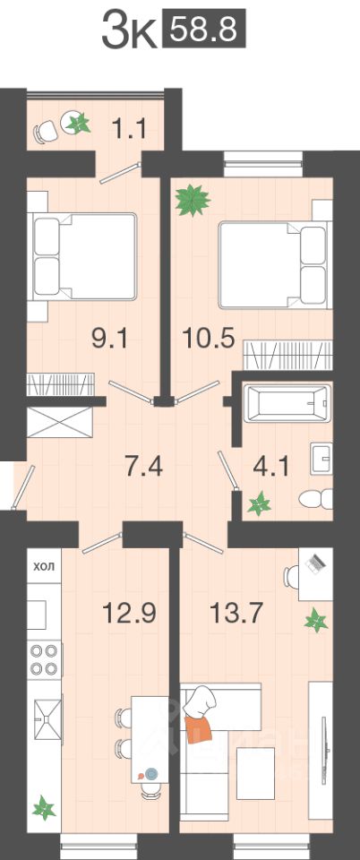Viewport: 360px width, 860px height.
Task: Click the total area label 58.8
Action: (204, 30)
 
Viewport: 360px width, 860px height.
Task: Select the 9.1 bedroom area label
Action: (109, 340)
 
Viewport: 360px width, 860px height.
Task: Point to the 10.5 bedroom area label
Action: (209, 340)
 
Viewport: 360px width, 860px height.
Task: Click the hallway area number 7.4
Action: (144, 467)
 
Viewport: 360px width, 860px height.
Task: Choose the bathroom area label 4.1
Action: (270, 467)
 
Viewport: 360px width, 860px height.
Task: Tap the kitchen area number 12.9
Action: (130, 612)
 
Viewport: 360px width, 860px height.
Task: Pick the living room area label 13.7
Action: (236, 612)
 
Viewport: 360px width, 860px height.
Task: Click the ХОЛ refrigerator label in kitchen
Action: (45, 566)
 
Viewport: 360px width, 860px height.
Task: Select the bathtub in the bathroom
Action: (287, 403)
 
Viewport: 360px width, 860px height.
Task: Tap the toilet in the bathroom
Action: (316, 499)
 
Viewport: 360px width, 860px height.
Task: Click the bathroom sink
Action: (321, 458)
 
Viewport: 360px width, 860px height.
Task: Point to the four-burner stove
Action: (44, 659)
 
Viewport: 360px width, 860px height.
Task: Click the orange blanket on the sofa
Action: (198, 727)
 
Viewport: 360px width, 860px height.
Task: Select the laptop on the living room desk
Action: (315, 563)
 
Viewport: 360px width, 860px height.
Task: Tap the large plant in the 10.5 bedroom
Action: (193, 201)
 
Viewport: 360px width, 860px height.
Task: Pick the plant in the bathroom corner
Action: (259, 503)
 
